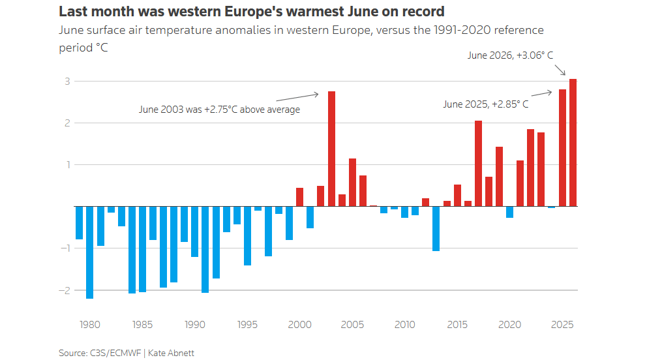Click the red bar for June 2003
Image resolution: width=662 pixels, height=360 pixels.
tap(331, 149)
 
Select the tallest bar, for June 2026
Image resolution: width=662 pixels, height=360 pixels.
tap(573, 143)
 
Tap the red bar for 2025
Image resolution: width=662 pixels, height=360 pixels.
tap(562, 147)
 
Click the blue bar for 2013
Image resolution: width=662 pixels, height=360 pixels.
tap(436, 229)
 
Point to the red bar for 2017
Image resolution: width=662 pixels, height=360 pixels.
tap(478, 164)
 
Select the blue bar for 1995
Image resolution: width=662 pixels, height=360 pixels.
tap(247, 236)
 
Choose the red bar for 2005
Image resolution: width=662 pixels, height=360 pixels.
tap(353, 183)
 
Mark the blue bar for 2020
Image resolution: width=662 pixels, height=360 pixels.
tap(509, 212)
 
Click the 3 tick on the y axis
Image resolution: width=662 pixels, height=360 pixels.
tap(67, 81)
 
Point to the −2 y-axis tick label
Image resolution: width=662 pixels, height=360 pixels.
tap(64, 290)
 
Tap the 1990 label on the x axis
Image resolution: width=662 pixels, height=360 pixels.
tap(194, 325)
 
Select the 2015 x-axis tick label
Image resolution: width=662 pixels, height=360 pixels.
tap(457, 325)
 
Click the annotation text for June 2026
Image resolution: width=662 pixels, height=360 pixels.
tap(510, 55)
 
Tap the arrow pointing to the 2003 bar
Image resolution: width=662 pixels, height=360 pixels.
tap(297, 97)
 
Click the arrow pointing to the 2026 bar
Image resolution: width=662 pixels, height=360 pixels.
tap(560, 70)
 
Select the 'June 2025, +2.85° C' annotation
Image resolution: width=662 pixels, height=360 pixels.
tap(485, 104)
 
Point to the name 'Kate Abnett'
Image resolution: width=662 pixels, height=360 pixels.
tap(171, 353)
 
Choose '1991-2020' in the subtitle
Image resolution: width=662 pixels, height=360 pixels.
tap(462, 31)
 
